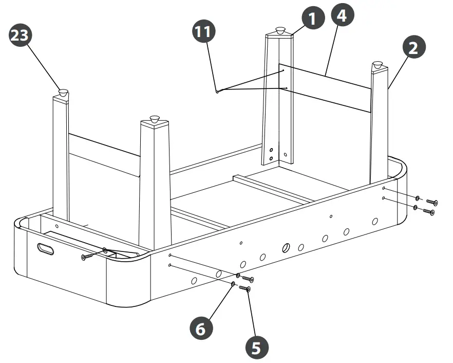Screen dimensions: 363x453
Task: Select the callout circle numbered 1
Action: click(x=313, y=19)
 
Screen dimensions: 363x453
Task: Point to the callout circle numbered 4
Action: click(x=342, y=16)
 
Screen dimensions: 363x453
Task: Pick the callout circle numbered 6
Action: click(x=201, y=328)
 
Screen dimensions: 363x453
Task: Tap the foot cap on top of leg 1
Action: click(x=280, y=31)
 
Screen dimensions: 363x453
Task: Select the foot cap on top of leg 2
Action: click(x=377, y=65)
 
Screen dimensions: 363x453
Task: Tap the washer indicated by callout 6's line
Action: click(x=234, y=284)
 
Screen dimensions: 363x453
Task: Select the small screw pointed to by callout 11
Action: click(x=218, y=92)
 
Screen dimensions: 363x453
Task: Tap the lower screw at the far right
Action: click(x=428, y=211)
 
